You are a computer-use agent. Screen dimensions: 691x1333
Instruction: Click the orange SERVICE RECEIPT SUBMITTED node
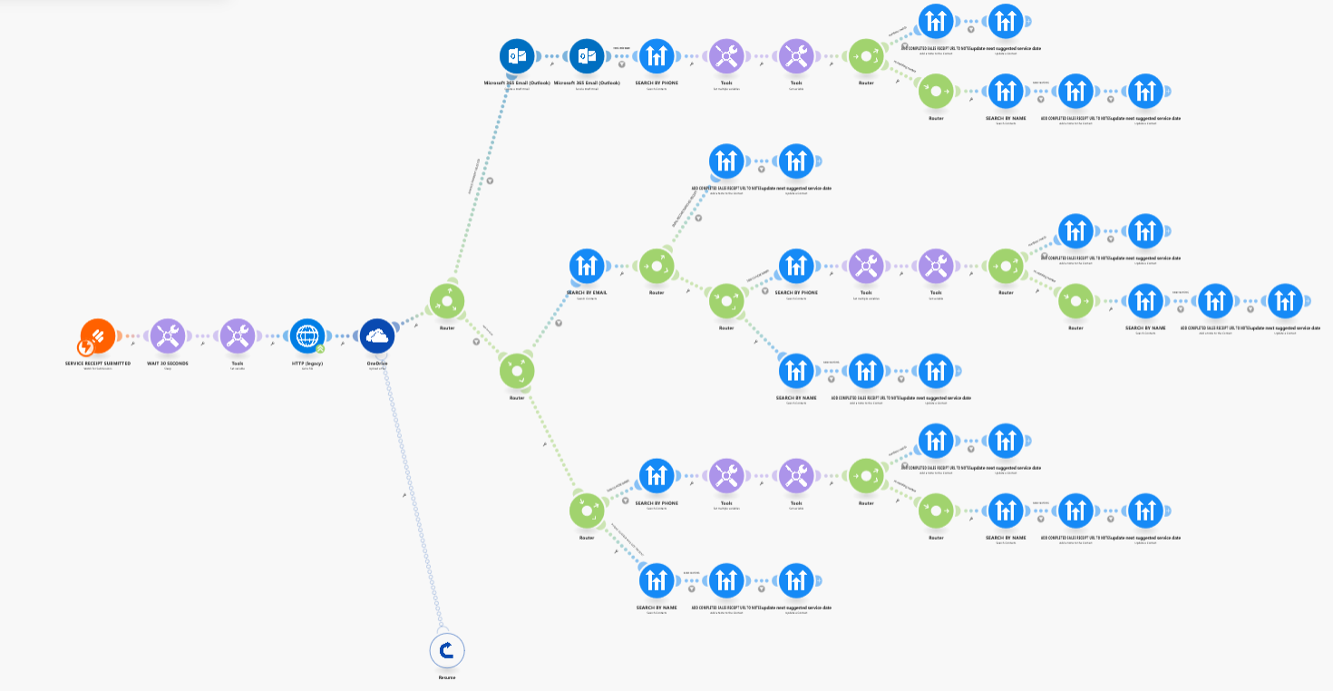click(x=98, y=336)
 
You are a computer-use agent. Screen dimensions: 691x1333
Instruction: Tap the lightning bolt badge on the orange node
click(x=86, y=346)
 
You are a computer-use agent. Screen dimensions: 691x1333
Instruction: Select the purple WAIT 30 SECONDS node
click(x=167, y=336)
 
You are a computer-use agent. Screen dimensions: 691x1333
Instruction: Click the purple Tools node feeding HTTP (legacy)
click(x=237, y=336)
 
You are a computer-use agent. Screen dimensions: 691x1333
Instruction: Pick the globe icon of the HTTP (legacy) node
click(x=307, y=335)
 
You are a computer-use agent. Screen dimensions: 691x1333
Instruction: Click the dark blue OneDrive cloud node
click(x=377, y=336)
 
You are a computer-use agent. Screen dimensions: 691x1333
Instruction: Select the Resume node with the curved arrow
click(x=446, y=649)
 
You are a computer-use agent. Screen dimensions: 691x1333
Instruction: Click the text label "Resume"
click(x=446, y=677)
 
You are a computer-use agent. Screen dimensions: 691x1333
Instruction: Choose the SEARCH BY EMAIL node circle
click(x=587, y=266)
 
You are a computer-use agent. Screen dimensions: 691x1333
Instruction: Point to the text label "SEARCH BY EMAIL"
click(x=587, y=293)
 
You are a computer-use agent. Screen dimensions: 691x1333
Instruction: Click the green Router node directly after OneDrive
click(x=446, y=301)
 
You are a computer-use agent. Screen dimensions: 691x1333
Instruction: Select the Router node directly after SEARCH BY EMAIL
click(x=657, y=266)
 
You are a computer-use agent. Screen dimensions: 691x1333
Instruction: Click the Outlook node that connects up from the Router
click(x=517, y=56)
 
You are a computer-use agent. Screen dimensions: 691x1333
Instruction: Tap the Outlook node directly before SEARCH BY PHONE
click(x=587, y=56)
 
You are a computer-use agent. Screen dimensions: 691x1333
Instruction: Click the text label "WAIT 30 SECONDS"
click(x=167, y=363)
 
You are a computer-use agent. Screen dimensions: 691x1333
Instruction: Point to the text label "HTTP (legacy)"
click(x=307, y=363)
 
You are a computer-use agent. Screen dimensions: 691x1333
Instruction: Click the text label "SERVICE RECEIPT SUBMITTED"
click(x=98, y=363)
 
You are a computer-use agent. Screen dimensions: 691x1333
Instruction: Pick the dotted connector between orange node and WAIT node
click(x=132, y=336)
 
